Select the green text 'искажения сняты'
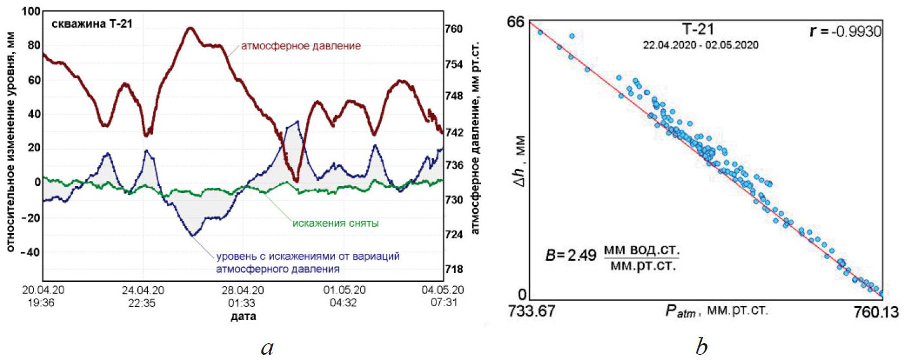coord(335,224)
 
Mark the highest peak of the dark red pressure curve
coord(191,28)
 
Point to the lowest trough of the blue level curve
coord(192,235)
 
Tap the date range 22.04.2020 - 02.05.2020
coord(701,45)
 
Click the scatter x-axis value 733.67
coord(532,312)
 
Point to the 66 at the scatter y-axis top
coord(516,23)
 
